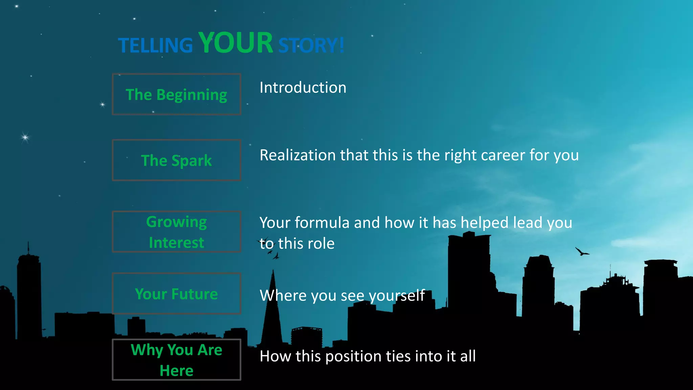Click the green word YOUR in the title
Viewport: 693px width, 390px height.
236,43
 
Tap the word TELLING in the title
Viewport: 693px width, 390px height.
155,45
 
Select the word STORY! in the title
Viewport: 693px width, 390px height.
311,45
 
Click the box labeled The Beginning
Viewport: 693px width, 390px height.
176,94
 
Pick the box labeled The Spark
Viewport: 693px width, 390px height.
176,160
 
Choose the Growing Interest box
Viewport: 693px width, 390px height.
176,232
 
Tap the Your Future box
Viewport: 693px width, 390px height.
176,294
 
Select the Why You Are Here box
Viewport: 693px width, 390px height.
176,360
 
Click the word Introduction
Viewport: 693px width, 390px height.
303,88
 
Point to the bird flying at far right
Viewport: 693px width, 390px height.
582,252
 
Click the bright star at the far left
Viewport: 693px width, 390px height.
25,137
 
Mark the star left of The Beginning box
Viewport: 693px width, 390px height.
103,105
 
